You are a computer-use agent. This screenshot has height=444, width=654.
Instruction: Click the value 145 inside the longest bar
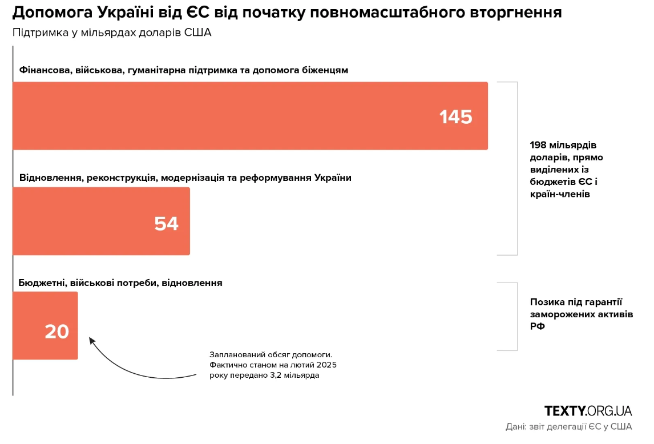point(455,117)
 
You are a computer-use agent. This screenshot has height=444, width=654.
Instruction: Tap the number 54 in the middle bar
point(166,224)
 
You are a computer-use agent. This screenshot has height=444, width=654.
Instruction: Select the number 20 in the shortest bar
point(57,332)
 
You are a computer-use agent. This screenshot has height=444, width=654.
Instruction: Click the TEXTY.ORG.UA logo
point(588,411)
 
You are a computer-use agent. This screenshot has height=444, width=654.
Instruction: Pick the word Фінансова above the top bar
point(44,70)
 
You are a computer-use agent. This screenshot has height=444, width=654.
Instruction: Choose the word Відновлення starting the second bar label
point(49,177)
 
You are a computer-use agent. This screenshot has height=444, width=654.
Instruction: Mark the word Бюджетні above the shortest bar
point(42,282)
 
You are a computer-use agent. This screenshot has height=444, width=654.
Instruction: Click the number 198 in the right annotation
point(539,145)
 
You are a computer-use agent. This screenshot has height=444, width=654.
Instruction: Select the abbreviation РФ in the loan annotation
point(538,327)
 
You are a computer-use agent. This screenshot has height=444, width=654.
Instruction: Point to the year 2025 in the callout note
point(333,365)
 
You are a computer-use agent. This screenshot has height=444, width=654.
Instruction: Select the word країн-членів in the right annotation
point(560,195)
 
